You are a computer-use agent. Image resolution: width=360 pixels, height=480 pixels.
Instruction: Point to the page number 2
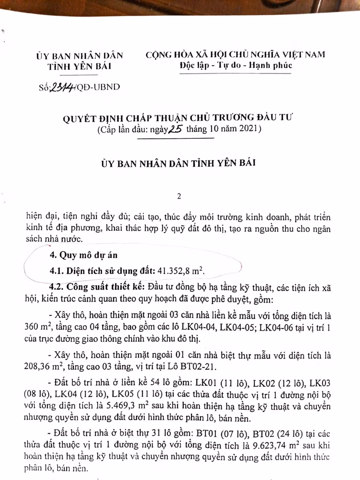179,196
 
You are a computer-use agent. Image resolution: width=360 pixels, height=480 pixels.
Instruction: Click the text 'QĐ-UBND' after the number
98,87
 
